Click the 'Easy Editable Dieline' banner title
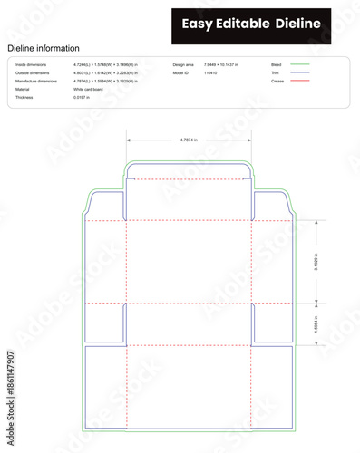262,24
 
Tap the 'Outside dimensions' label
34,73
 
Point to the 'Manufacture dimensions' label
36,82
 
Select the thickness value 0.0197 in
83,97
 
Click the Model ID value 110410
210,73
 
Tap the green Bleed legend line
302,65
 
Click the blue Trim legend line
302,73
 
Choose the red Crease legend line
302,82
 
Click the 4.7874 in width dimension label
189,140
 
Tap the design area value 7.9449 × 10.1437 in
229,65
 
